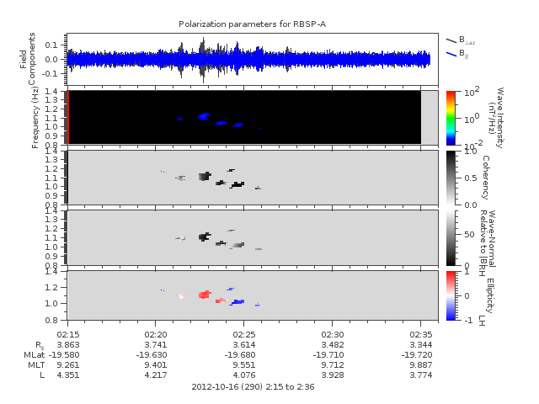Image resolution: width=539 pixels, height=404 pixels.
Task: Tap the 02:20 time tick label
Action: (x=156, y=335)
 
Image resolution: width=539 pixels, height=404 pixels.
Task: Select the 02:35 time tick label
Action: (x=421, y=335)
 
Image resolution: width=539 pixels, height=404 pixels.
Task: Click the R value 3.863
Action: (x=67, y=345)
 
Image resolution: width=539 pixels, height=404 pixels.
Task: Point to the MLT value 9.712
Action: (x=333, y=365)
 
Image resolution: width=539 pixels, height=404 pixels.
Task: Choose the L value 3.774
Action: (x=421, y=375)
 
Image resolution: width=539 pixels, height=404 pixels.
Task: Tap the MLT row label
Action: (x=35, y=365)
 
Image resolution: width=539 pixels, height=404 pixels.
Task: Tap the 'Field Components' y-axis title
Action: (x=28, y=58)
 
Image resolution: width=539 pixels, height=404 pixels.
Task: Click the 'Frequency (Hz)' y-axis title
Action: (x=35, y=118)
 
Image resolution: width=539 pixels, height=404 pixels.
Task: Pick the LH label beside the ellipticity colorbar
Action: (x=483, y=319)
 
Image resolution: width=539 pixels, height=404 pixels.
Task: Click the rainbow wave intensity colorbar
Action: (x=451, y=117)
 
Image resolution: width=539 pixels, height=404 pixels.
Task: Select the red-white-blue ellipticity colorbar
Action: (x=451, y=295)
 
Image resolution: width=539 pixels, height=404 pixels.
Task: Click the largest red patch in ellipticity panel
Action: (x=204, y=295)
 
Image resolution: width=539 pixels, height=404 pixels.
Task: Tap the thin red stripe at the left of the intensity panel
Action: (x=67, y=117)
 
